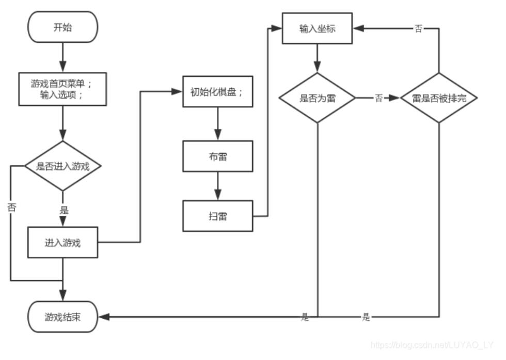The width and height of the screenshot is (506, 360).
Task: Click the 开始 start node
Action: click(62, 27)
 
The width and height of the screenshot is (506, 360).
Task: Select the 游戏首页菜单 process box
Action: click(62, 88)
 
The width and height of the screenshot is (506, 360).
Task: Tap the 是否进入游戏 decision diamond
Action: click(62, 166)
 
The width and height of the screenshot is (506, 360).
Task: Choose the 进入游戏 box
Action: click(62, 242)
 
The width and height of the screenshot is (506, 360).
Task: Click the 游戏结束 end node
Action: click(62, 317)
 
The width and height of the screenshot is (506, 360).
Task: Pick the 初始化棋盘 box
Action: click(217, 92)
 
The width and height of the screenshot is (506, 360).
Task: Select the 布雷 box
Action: click(217, 156)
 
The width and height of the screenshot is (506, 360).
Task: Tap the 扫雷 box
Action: click(217, 216)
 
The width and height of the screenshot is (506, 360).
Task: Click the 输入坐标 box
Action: click(317, 29)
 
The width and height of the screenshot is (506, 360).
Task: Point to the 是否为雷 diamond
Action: click(317, 98)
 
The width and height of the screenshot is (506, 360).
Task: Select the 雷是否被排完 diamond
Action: click(439, 98)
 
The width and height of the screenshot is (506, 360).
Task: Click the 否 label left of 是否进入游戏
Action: click(11, 207)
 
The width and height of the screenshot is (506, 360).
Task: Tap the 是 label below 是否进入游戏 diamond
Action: click(64, 210)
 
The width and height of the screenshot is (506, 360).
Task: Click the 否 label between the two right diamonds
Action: click(378, 98)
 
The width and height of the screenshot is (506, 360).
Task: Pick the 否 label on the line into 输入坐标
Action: click(418, 29)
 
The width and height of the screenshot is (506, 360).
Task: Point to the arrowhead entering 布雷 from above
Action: click(217, 135)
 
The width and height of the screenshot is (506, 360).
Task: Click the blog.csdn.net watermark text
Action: click(433, 345)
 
